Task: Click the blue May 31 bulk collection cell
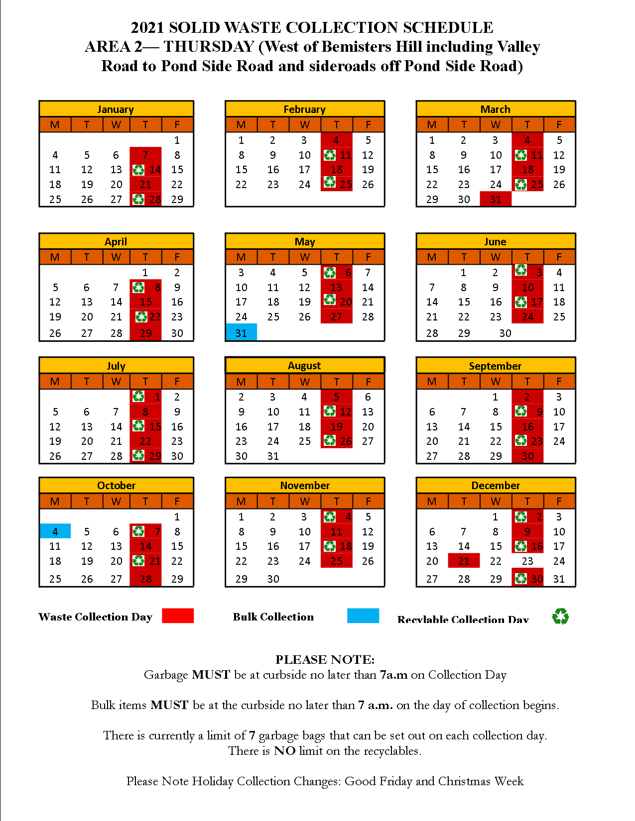(x=241, y=332)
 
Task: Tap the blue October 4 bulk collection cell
(x=55, y=531)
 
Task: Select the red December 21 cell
(x=464, y=561)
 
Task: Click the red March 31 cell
(x=496, y=199)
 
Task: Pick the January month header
(x=116, y=109)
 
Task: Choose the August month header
(x=304, y=365)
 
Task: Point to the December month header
(x=496, y=485)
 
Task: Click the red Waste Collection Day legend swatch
(x=178, y=616)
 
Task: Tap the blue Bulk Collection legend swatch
(x=363, y=616)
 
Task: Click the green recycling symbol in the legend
(x=560, y=616)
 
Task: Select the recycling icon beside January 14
(x=138, y=170)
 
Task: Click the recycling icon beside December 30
(x=520, y=579)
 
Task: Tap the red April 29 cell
(x=145, y=333)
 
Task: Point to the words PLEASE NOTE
(x=325, y=659)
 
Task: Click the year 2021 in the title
(x=147, y=27)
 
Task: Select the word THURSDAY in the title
(x=209, y=47)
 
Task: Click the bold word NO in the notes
(x=284, y=751)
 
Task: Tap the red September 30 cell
(x=527, y=456)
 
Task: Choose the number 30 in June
(x=505, y=333)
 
